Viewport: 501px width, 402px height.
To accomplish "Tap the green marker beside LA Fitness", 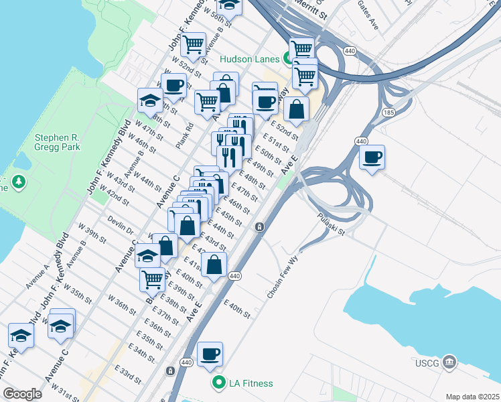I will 218,383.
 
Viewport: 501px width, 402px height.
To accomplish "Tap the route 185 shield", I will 388,111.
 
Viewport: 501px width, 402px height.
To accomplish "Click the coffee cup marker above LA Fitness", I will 210,354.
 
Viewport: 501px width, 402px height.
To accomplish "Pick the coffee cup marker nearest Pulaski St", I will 372,157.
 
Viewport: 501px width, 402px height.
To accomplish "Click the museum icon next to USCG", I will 450,364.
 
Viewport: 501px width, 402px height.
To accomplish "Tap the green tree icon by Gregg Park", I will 20,181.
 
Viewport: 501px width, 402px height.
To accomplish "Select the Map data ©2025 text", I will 472,397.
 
